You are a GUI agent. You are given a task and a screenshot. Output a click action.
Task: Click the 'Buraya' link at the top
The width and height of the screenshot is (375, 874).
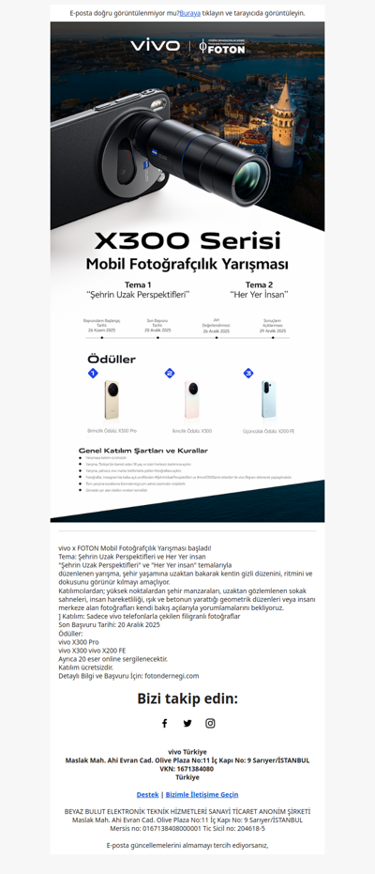point(190,14)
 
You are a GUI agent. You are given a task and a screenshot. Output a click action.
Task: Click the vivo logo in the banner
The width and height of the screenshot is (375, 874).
point(155,45)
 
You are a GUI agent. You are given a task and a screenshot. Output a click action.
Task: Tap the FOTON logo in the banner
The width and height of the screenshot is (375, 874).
point(222,46)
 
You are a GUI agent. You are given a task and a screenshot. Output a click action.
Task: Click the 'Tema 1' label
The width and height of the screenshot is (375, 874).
point(138,284)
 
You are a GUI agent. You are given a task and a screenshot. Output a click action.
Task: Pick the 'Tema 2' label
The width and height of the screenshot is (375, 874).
point(259,284)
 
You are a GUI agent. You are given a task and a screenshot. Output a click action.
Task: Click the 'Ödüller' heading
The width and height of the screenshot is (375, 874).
point(111,360)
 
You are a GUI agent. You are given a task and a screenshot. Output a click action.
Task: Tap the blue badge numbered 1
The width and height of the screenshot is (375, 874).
point(93,374)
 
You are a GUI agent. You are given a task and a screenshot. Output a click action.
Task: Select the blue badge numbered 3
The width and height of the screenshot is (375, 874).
point(247,374)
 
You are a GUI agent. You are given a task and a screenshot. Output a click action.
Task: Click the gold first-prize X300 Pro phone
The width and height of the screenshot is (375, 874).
point(112,400)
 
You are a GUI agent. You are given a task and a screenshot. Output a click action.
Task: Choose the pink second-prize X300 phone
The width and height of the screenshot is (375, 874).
point(192,400)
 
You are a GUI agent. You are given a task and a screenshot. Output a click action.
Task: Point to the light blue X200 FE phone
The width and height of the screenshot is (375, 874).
point(270,400)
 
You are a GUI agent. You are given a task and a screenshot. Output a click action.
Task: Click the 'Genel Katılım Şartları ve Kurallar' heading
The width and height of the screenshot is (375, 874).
point(142,451)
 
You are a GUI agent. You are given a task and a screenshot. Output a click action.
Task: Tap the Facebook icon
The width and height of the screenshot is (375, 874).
point(164,723)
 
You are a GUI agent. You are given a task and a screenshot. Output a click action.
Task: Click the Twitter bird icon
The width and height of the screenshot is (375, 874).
point(187,723)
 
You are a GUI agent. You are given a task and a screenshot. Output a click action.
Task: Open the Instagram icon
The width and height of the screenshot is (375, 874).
point(210,723)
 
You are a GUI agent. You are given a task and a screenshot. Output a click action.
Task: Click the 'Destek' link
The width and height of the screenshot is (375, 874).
point(147,794)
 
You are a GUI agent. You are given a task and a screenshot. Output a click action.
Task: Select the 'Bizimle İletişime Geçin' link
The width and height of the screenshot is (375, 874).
point(202,794)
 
